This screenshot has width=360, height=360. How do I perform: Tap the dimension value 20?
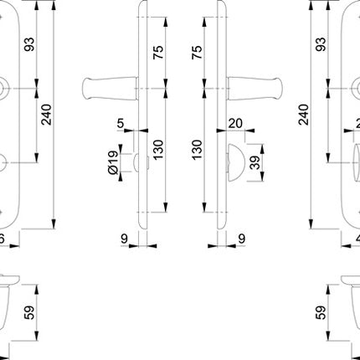click(234, 124)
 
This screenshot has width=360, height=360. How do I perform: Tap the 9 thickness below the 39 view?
click(241, 239)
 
